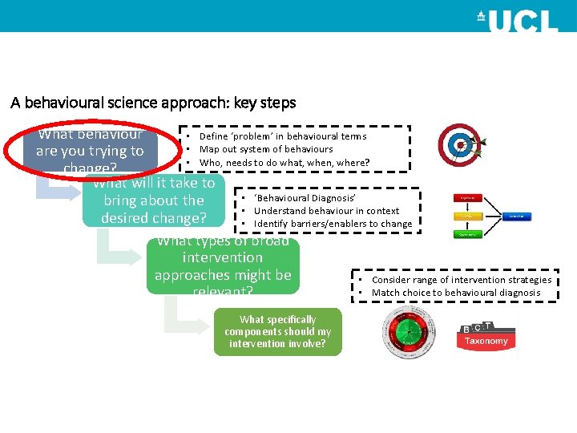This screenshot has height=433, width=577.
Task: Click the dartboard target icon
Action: tap(461, 145)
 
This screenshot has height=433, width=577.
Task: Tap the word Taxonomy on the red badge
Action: tap(486, 341)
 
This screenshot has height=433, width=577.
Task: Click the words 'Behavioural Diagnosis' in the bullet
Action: tap(304, 198)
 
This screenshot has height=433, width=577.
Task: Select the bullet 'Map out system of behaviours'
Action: tap(265, 149)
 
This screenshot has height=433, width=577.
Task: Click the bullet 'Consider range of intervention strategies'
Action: tap(461, 280)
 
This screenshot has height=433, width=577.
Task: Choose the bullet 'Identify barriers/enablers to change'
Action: tap(332, 224)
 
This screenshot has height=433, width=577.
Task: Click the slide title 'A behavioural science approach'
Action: tap(153, 103)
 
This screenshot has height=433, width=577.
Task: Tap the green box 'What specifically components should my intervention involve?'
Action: tap(278, 331)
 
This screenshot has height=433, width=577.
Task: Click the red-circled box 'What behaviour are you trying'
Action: tap(90, 151)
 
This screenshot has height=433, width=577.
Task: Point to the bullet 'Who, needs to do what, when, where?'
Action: tap(284, 163)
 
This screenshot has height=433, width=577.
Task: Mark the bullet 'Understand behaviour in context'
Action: tap(325, 211)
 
